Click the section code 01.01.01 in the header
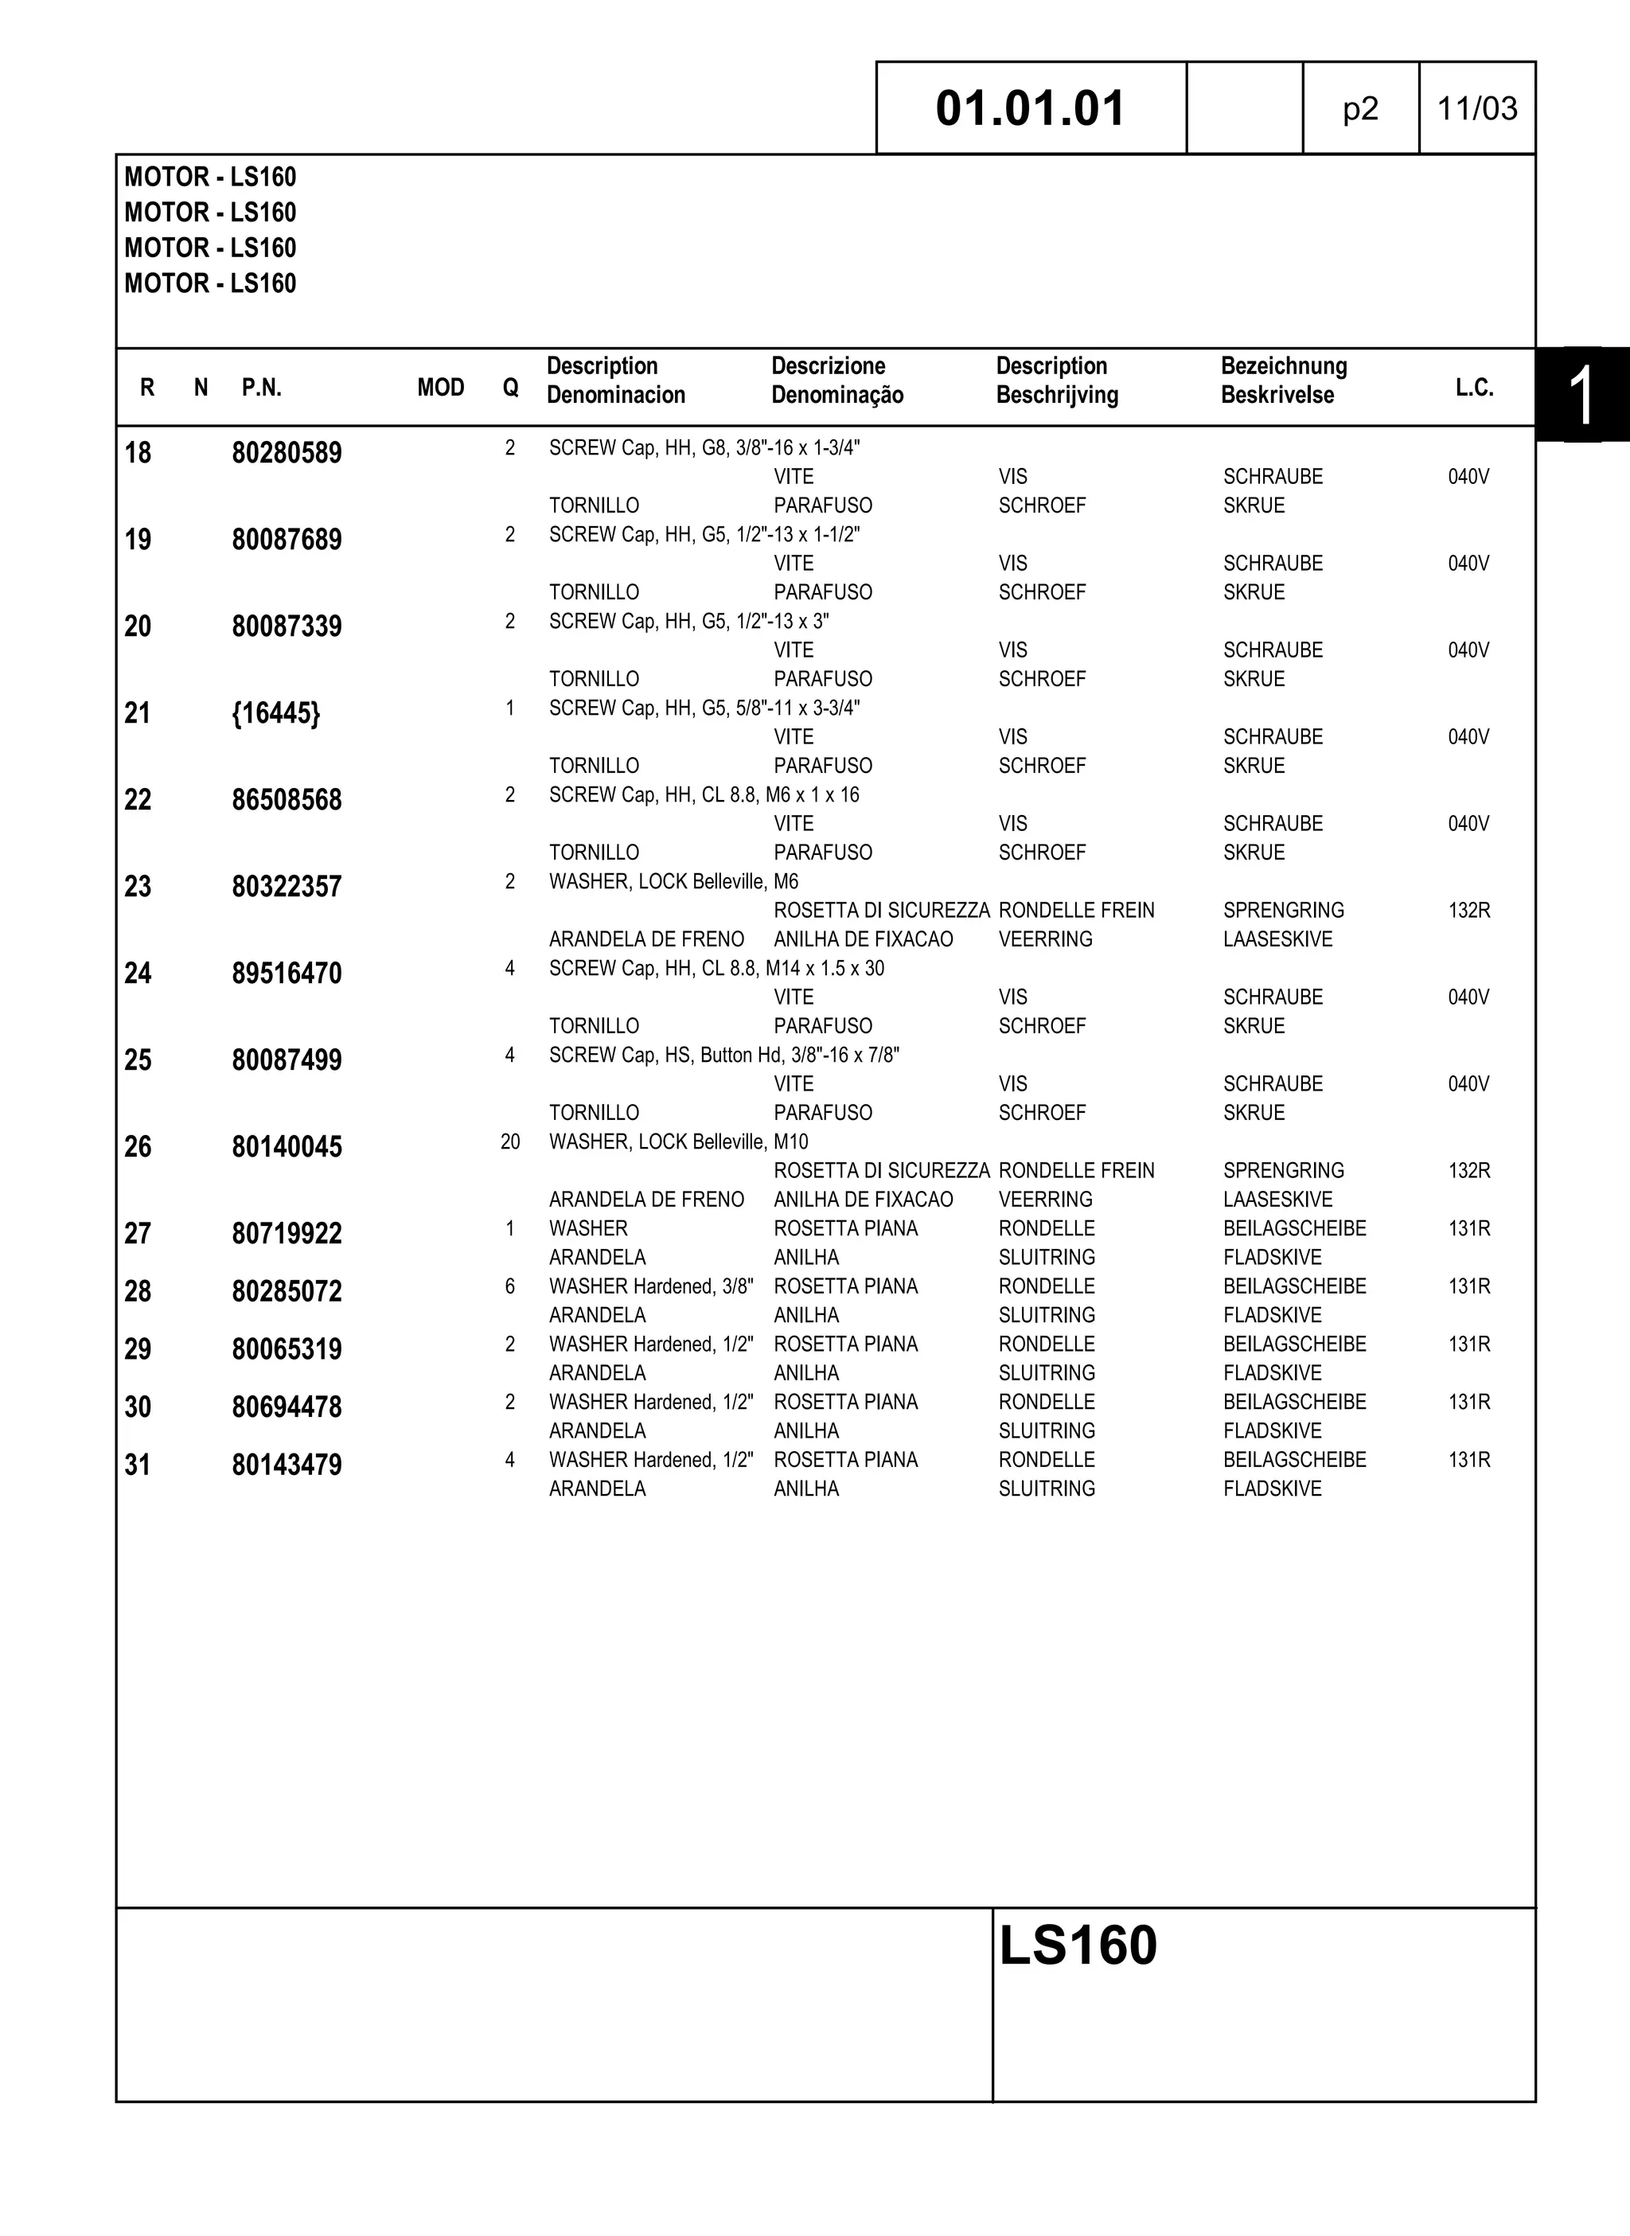tap(1030, 108)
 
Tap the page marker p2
tap(1359, 108)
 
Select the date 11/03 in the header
tap(1476, 108)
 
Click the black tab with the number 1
tap(1581, 395)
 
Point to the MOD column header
tap(440, 388)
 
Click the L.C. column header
tap(1474, 388)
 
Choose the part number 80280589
tap(287, 453)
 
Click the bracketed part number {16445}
tap(275, 713)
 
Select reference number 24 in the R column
tap(138, 974)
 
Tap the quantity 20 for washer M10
tap(510, 1141)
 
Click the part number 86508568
tap(287, 800)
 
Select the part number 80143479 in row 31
tap(287, 1465)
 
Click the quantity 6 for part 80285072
tap(510, 1286)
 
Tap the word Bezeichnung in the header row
tap(1283, 366)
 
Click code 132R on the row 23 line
tap(1468, 911)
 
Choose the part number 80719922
tap(287, 1234)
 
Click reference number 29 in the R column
tap(138, 1349)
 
